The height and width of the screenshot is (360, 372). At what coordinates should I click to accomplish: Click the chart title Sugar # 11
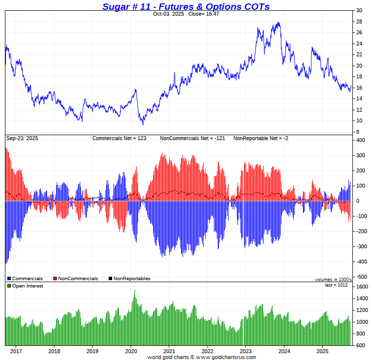tap(186, 6)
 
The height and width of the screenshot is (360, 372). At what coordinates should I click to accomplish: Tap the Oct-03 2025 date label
tap(168, 14)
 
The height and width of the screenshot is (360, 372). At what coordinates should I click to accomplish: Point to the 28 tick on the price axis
tap(359, 22)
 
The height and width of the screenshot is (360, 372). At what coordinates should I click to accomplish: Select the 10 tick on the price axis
tap(359, 120)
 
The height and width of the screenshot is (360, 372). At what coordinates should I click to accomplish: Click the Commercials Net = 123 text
tap(119, 139)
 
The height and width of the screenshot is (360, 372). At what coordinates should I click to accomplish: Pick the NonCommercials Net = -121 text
tap(192, 139)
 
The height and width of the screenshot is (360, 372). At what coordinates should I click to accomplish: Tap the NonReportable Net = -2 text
tap(260, 139)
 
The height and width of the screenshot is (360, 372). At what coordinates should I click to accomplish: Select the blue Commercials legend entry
tap(25, 279)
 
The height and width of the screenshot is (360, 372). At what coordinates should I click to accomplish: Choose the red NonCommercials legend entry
tap(75, 279)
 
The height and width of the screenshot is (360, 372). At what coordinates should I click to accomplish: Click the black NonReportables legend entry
tap(129, 279)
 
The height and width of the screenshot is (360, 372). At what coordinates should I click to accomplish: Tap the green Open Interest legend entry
tap(25, 286)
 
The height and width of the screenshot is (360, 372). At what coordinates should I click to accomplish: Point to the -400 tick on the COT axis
tap(361, 262)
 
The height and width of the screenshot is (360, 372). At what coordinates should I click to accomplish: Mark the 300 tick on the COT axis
tap(361, 155)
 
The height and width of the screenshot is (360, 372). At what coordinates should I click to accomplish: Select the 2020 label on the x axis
tap(131, 351)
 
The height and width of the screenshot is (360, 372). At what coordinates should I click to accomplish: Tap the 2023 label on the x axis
tap(246, 351)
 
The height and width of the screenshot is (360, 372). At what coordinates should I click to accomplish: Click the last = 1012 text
tap(336, 285)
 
